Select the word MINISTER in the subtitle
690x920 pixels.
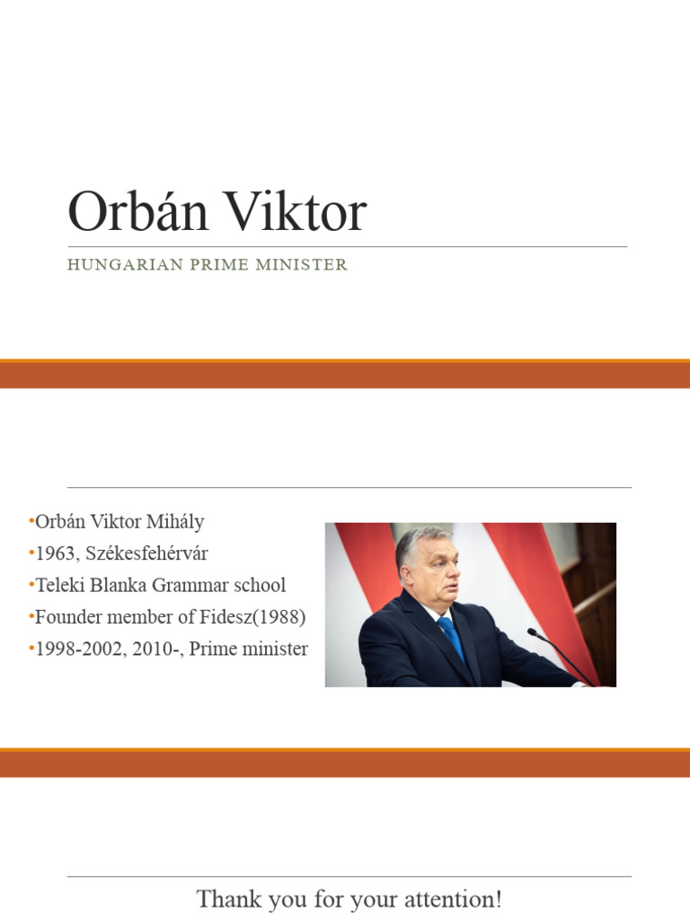point(302,265)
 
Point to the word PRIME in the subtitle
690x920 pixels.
point(209,265)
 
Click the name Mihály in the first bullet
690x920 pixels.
point(175,522)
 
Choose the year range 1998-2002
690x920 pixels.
point(77,649)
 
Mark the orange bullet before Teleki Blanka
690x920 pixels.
point(31,585)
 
